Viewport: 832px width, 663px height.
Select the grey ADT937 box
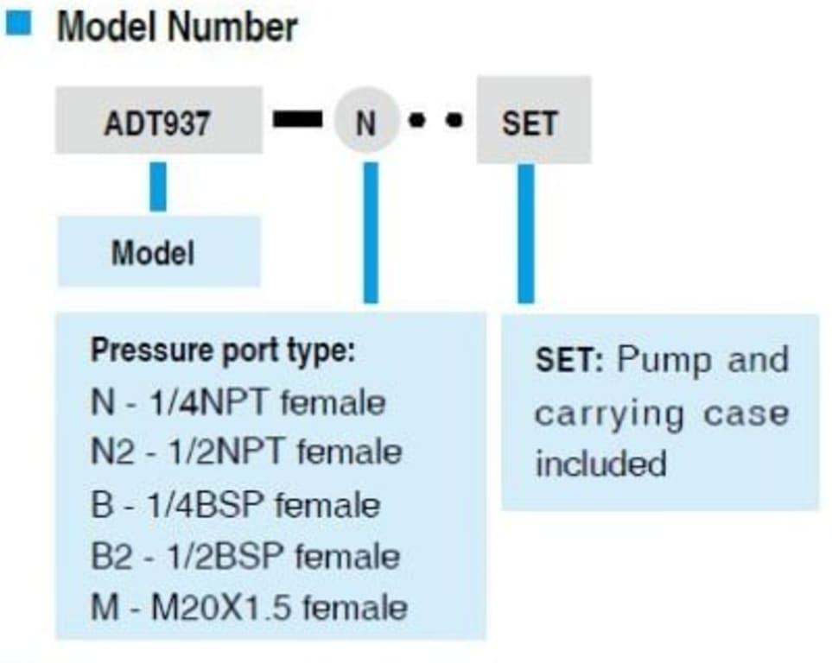click(x=158, y=121)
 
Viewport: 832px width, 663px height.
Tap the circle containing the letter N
click(x=366, y=122)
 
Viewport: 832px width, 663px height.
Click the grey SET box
click(x=532, y=121)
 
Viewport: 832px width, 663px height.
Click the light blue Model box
click(x=158, y=252)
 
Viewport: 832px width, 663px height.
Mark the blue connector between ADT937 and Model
click(x=158, y=186)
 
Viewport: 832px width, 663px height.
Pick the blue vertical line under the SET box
click(x=525, y=233)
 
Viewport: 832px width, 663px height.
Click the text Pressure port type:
click(x=223, y=352)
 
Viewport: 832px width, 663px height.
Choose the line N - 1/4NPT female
click(x=238, y=402)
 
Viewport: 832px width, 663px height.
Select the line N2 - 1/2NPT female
click(x=246, y=453)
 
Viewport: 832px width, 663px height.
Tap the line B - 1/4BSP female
click(x=235, y=504)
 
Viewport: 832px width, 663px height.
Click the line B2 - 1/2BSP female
click(x=245, y=556)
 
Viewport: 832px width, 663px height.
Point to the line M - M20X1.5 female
click(x=249, y=608)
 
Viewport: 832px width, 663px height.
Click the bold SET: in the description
click(x=569, y=360)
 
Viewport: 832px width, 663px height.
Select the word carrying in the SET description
click(x=609, y=414)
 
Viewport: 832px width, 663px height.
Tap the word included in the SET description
click(x=600, y=464)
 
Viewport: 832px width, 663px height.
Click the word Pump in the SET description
click(x=664, y=359)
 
